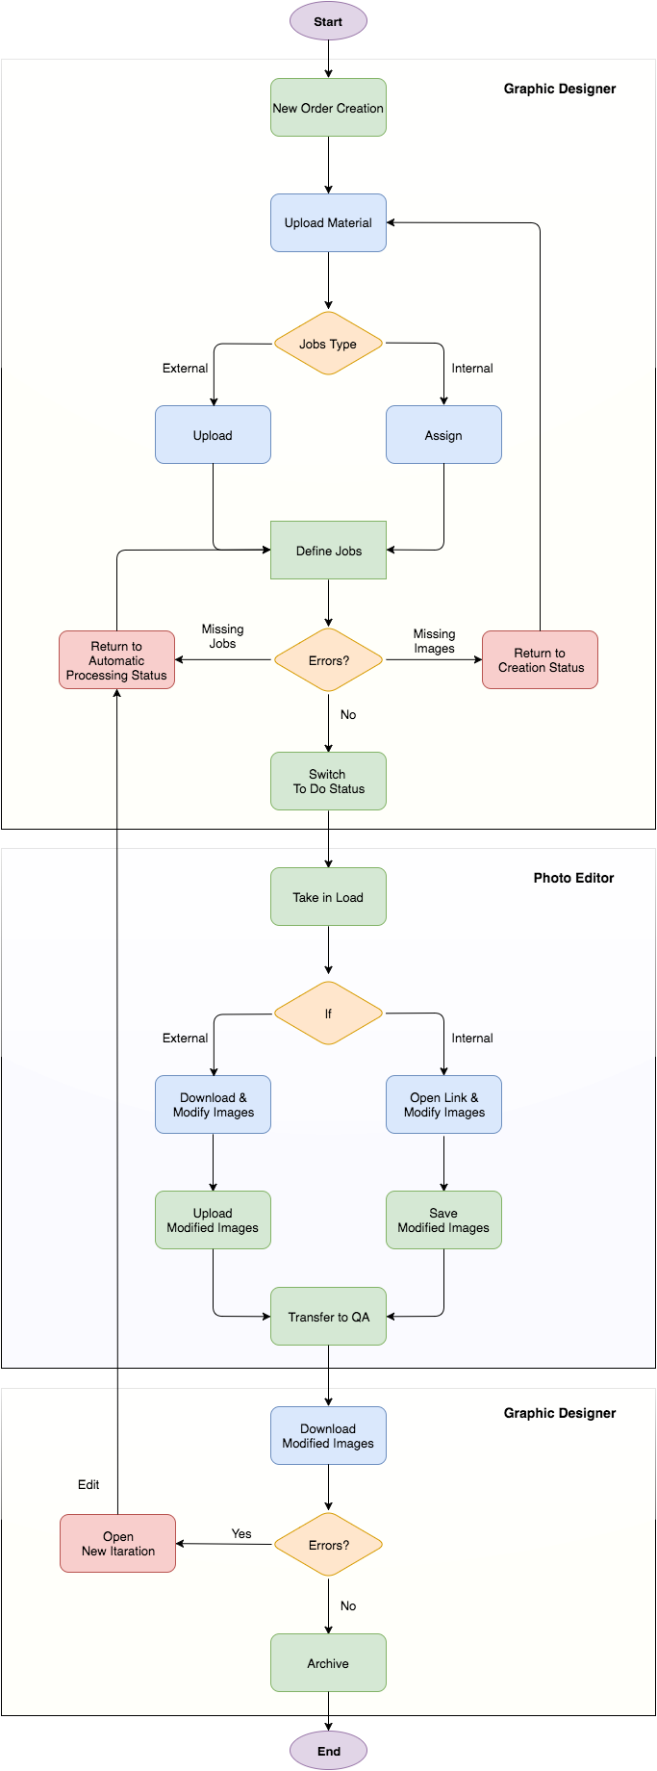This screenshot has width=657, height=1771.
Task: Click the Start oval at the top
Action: click(328, 21)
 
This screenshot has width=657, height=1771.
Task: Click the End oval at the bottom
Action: click(328, 1751)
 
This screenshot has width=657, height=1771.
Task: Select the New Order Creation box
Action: click(328, 108)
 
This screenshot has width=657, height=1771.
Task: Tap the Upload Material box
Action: click(328, 223)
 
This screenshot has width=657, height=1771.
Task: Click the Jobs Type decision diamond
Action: click(328, 344)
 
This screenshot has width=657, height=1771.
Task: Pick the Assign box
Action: click(443, 435)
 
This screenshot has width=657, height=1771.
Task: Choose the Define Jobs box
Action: click(328, 551)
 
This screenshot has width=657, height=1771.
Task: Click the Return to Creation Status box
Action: click(540, 660)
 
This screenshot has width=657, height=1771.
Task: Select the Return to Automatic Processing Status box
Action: click(116, 660)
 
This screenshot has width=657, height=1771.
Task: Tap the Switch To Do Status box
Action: click(328, 782)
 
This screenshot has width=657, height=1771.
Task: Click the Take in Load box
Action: click(328, 897)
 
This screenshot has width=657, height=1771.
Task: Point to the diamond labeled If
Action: click(328, 1014)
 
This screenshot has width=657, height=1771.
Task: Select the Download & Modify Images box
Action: click(213, 1105)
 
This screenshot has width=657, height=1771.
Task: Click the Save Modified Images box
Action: click(443, 1220)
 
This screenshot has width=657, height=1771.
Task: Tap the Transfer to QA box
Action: click(328, 1317)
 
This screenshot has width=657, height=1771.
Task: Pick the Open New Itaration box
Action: click(117, 1544)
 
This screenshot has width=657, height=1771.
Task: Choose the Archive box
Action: click(328, 1663)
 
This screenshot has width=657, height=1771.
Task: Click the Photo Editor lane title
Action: click(573, 878)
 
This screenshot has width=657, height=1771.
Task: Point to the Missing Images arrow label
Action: click(434, 641)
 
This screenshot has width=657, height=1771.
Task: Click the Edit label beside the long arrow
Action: click(88, 1484)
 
